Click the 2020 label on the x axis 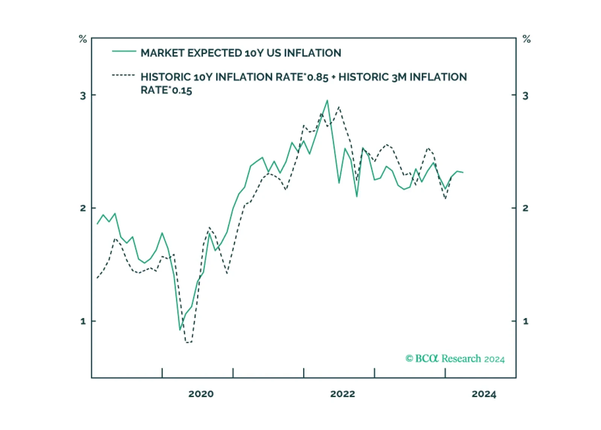coord(201,394)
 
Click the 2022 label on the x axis coord(343,394)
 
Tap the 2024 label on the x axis coord(484,394)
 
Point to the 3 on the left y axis coord(83,96)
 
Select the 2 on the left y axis coord(83,208)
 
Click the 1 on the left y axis coord(83,321)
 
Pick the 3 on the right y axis coord(525,96)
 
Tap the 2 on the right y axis coord(525,208)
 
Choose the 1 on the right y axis coord(525,321)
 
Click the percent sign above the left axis coord(83,39)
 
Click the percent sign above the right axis coord(527,39)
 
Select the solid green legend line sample coord(124,51)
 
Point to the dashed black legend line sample coord(123,75)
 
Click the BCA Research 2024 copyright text coord(455,359)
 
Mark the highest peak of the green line coord(327,100)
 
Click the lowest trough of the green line coord(180,330)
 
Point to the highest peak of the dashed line coord(339,107)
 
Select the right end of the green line coord(463,173)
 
